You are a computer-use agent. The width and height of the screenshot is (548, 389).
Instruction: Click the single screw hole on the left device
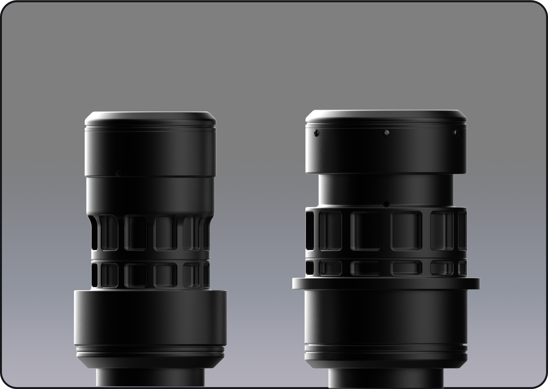coord(118,172)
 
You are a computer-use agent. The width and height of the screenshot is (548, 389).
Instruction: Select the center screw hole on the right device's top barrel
coord(386,132)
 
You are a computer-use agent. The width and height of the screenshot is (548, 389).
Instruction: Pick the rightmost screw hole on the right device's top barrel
coord(455,132)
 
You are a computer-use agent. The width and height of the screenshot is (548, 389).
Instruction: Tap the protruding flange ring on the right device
coord(386,283)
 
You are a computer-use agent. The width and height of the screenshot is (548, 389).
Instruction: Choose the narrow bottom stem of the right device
coord(386,376)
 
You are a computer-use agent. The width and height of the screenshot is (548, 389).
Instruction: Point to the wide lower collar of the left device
coord(150,317)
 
